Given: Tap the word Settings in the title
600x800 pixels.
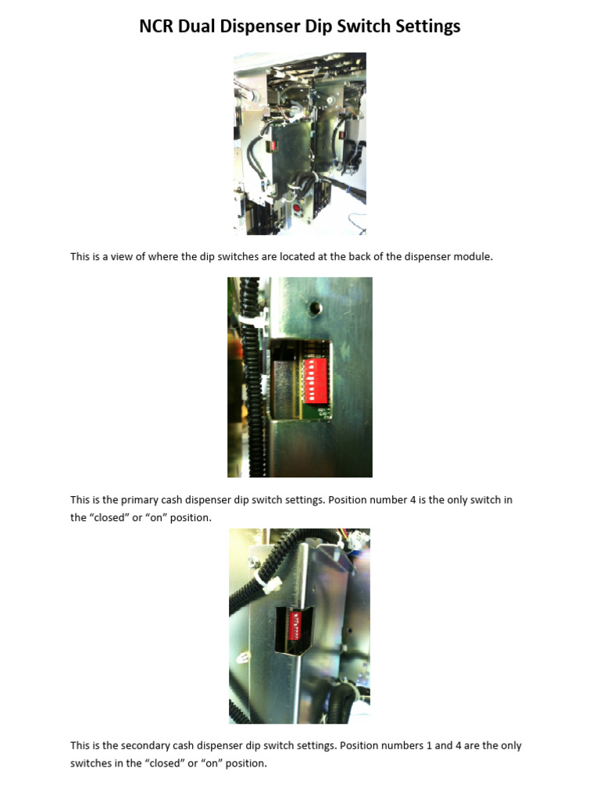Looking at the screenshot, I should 427,27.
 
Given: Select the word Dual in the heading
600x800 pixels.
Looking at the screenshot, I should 200,27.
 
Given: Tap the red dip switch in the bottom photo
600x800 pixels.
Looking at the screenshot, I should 296,626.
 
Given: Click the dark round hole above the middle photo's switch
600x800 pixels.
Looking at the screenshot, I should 313,308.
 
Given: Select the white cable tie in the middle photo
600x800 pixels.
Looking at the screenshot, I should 253,321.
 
